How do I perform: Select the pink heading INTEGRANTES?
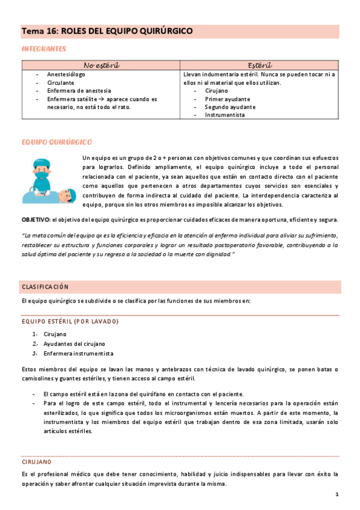pos(44,49)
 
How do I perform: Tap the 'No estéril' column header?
pos(100,65)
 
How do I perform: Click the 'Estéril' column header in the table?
pos(260,65)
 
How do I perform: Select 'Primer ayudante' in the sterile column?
pos(227,99)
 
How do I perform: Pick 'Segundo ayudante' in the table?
pos(230,106)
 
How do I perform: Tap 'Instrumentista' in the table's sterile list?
pos(225,114)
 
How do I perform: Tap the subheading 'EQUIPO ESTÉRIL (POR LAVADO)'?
pos(70,321)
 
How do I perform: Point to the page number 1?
pos(337,494)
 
